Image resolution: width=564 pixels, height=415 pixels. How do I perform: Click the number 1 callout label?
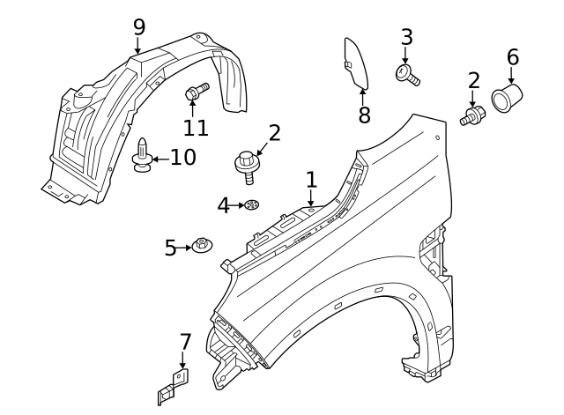[x=311, y=180]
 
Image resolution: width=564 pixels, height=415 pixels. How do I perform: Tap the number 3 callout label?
[x=406, y=37]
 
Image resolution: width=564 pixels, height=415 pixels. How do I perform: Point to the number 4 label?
[x=224, y=205]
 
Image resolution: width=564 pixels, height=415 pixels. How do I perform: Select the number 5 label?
[x=171, y=248]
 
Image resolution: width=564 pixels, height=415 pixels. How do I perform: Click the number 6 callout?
[x=513, y=57]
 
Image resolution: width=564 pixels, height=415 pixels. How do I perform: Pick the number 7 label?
[x=185, y=341]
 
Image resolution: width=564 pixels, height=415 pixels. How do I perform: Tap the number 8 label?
[x=365, y=115]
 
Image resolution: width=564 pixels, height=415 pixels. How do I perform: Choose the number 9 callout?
[x=138, y=26]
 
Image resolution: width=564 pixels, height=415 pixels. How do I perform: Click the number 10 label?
[x=182, y=159]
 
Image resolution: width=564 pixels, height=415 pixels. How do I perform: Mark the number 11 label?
[x=196, y=127]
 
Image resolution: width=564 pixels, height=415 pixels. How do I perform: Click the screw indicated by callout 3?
[x=410, y=75]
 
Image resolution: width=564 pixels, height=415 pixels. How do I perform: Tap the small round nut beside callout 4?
[x=251, y=206]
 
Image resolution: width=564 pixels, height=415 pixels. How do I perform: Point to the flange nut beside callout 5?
[x=202, y=246]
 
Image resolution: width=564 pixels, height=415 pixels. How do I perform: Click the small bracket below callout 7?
[x=173, y=386]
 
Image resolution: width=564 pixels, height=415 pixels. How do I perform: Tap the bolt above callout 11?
[x=196, y=91]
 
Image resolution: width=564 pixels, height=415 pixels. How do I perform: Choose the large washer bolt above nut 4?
[x=247, y=164]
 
